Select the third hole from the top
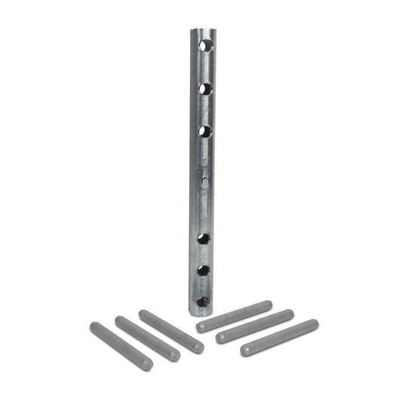(x=204, y=131)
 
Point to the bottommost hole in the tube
(x=202, y=302)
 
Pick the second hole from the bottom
(x=203, y=270)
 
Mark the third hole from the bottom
(x=203, y=239)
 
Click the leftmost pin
(x=121, y=346)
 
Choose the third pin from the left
(x=171, y=331)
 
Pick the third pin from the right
(x=234, y=316)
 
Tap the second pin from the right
(x=255, y=326)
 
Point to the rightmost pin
(x=279, y=337)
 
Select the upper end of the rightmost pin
(x=313, y=324)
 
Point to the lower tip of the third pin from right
(x=201, y=327)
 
